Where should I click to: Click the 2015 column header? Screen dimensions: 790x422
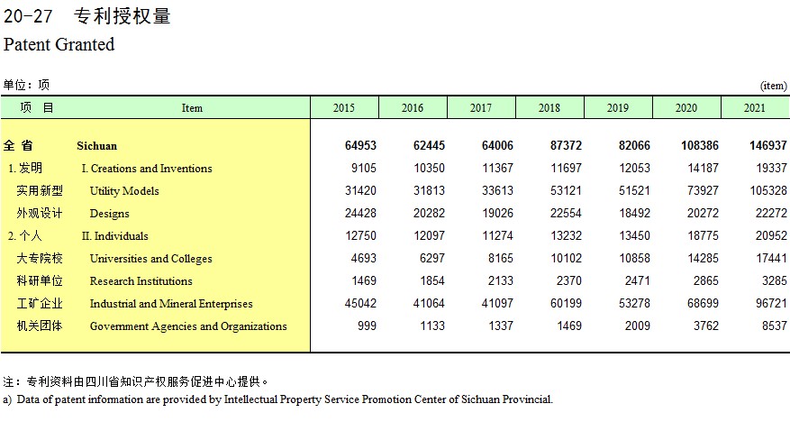pos(343,108)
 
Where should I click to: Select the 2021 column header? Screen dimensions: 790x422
pos(754,108)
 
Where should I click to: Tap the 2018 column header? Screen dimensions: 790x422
pos(549,108)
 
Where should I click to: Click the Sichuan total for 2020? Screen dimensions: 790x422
pos(700,146)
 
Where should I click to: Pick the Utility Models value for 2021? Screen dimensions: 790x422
pos(768,190)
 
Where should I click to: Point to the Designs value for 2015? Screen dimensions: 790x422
pos(360,214)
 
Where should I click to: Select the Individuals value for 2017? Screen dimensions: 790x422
pos(497,235)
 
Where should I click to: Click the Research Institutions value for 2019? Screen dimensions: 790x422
pos(638,280)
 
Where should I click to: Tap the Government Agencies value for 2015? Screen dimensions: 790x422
pos(367,326)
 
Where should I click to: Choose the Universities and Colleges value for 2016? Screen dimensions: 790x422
pos(432,258)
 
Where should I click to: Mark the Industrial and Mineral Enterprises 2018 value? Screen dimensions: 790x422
pos(566,303)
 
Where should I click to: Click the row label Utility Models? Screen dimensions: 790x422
pos(124,191)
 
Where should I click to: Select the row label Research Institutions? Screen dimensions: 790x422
pos(141,281)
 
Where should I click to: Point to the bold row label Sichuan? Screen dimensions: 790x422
pos(96,146)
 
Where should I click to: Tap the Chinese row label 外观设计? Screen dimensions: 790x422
pos(40,214)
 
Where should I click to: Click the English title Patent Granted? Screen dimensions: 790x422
pos(59,44)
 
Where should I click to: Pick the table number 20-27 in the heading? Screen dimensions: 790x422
pos(28,16)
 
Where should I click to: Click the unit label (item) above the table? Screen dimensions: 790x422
pos(774,86)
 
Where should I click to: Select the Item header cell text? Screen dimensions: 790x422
pos(192,108)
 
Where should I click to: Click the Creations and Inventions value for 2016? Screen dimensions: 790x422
pos(430,168)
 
